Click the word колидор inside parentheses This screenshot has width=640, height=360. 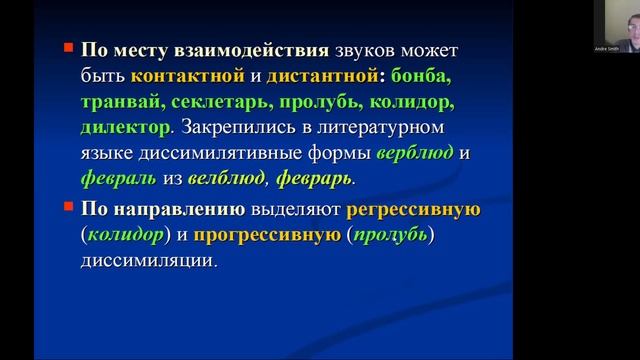[123, 235]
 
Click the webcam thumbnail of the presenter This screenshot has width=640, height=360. [612, 26]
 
